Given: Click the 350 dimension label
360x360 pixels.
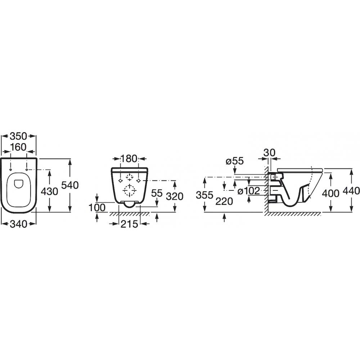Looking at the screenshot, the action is pos(18,136).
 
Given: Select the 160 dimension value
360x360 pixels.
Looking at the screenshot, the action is pos(18,147).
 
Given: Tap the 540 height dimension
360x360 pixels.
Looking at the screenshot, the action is pos(70,185).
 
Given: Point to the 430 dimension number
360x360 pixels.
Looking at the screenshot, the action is pos(49,191).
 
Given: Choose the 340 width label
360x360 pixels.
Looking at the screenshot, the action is pos(18,224).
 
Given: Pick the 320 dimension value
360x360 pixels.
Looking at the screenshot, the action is pos(175,196).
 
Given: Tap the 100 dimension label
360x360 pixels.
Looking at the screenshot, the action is pos(97,208).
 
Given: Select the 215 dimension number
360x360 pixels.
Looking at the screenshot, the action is pos(129,224).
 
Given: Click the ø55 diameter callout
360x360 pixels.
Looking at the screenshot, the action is pos(234,161).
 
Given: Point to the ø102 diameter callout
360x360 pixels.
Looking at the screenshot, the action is pos(249,191).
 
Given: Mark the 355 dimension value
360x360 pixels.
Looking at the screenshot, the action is pos(204,195).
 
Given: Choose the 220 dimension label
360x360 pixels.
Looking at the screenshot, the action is pos(224,202).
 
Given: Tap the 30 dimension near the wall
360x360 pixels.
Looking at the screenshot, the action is pos(269,152).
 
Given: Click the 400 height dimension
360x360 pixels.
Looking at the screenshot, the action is pos(330,194).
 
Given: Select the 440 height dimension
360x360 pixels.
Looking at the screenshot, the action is pos(351,191).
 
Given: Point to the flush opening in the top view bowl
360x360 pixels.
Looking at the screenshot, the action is pos(19,184).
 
